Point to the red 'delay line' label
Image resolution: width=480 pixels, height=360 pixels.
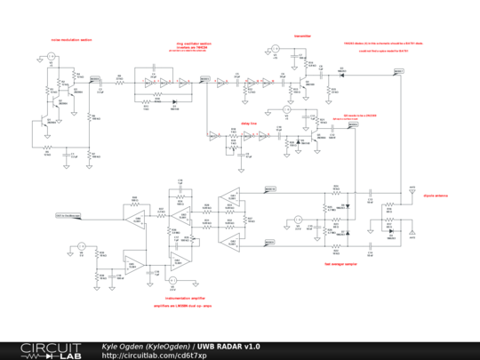tap(249, 124)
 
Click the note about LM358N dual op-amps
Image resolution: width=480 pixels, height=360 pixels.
tap(185, 305)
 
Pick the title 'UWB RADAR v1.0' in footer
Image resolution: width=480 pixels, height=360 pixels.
tap(229, 346)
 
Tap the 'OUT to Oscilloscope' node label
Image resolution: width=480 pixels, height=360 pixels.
tap(68, 215)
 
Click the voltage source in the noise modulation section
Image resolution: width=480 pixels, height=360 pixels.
tap(52, 58)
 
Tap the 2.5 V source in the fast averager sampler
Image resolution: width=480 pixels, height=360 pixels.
tap(299, 218)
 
